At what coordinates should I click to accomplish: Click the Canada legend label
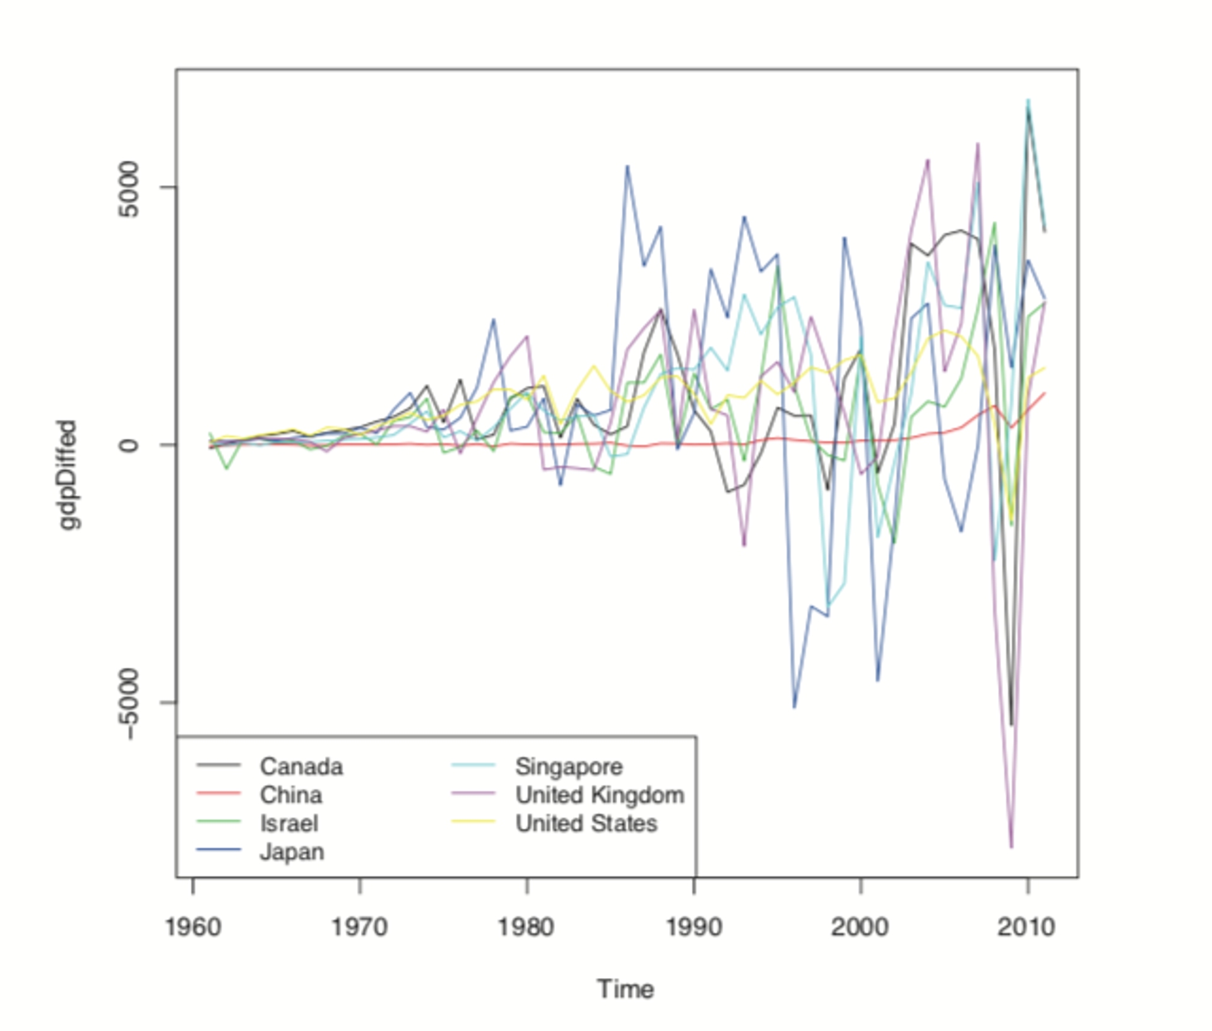coord(301,766)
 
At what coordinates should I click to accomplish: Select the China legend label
coord(290,795)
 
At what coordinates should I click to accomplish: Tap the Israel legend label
coord(288,823)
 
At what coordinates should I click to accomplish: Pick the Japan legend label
coord(292,852)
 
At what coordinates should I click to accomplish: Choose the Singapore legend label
coord(569,766)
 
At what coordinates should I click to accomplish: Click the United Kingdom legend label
coord(600,795)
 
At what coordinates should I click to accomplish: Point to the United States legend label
coord(586,823)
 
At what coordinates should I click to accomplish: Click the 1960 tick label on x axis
coord(193,927)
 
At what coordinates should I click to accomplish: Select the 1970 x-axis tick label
coord(360,927)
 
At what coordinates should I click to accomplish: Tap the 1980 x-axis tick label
coord(526,927)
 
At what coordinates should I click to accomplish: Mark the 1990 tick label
coord(694,927)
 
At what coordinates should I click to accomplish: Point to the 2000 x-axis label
coord(860,927)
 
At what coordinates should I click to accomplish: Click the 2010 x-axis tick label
coord(1026,927)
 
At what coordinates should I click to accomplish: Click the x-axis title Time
coord(625,989)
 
